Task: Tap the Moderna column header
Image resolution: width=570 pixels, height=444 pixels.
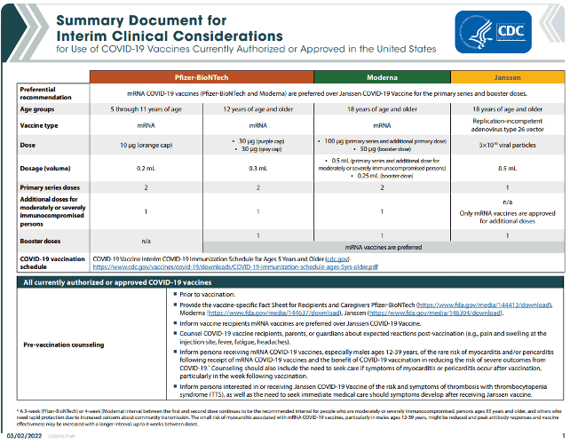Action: tap(382, 77)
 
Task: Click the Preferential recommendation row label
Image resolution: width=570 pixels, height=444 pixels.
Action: tap(44, 91)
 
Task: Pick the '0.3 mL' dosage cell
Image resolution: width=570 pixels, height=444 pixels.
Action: tap(257, 168)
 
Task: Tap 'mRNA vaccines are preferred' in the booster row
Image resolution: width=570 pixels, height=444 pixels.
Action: tap(382, 246)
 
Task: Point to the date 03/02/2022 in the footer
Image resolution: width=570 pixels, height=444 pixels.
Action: tap(20, 436)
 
